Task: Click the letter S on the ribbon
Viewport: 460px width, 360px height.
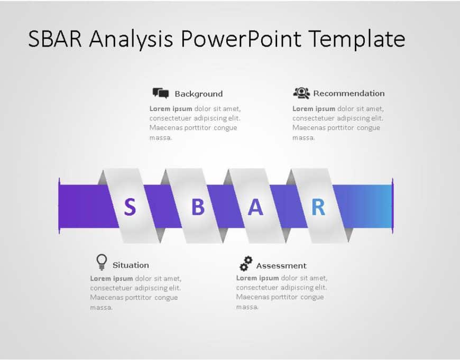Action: pyautogui.click(x=130, y=207)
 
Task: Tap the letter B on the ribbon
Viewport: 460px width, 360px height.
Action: pyautogui.click(x=198, y=207)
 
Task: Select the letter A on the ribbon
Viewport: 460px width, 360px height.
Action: pyautogui.click(x=255, y=207)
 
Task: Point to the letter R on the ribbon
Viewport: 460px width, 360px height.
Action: pyautogui.click(x=318, y=207)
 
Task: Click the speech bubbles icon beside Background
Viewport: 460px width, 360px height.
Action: pyautogui.click(x=161, y=94)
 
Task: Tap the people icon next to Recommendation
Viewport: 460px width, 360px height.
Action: pyautogui.click(x=301, y=93)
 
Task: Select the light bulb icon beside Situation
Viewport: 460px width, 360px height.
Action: pyautogui.click(x=102, y=262)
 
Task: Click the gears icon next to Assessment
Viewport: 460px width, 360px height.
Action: pyautogui.click(x=246, y=263)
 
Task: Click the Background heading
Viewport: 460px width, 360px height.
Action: pyautogui.click(x=198, y=94)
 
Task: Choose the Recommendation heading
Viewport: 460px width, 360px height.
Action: pyautogui.click(x=348, y=94)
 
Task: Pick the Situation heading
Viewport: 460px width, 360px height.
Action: pyautogui.click(x=131, y=265)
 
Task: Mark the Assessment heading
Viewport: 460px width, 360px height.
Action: pyautogui.click(x=281, y=266)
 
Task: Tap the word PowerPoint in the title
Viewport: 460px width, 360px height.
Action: pyautogui.click(x=242, y=39)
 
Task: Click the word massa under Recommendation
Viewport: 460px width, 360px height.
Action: pyautogui.click(x=303, y=138)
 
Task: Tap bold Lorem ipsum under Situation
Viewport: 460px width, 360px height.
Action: pyautogui.click(x=111, y=279)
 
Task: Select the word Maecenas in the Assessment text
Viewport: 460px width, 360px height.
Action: pyautogui.click(x=253, y=298)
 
